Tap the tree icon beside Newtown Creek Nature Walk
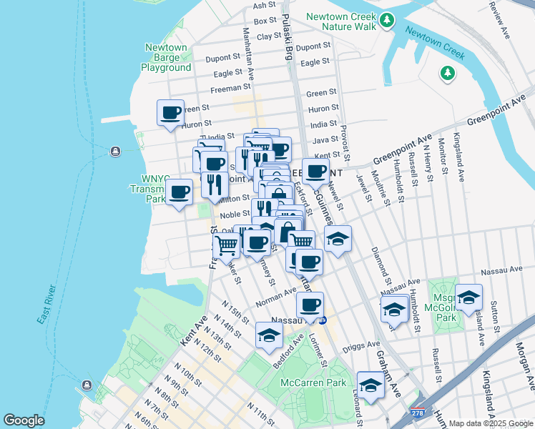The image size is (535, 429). (x=387, y=20)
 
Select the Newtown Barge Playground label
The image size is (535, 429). (x=166, y=58)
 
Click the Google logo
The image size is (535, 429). (x=24, y=420)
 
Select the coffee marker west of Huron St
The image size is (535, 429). (x=171, y=113)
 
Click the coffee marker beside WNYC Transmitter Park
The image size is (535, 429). (x=179, y=192)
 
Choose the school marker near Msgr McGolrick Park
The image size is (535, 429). (x=468, y=297)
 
